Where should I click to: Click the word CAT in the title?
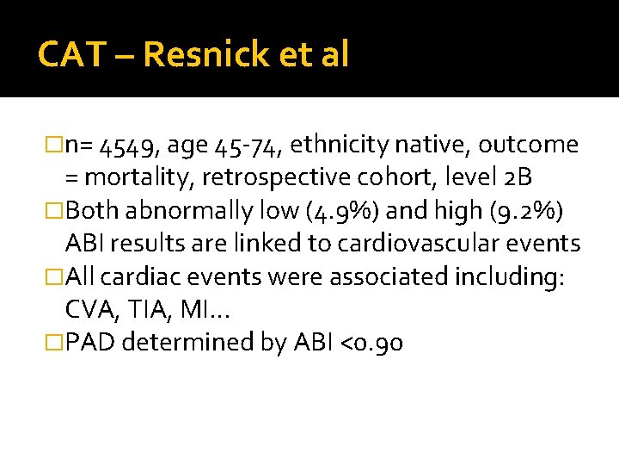pyautogui.click(x=70, y=54)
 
